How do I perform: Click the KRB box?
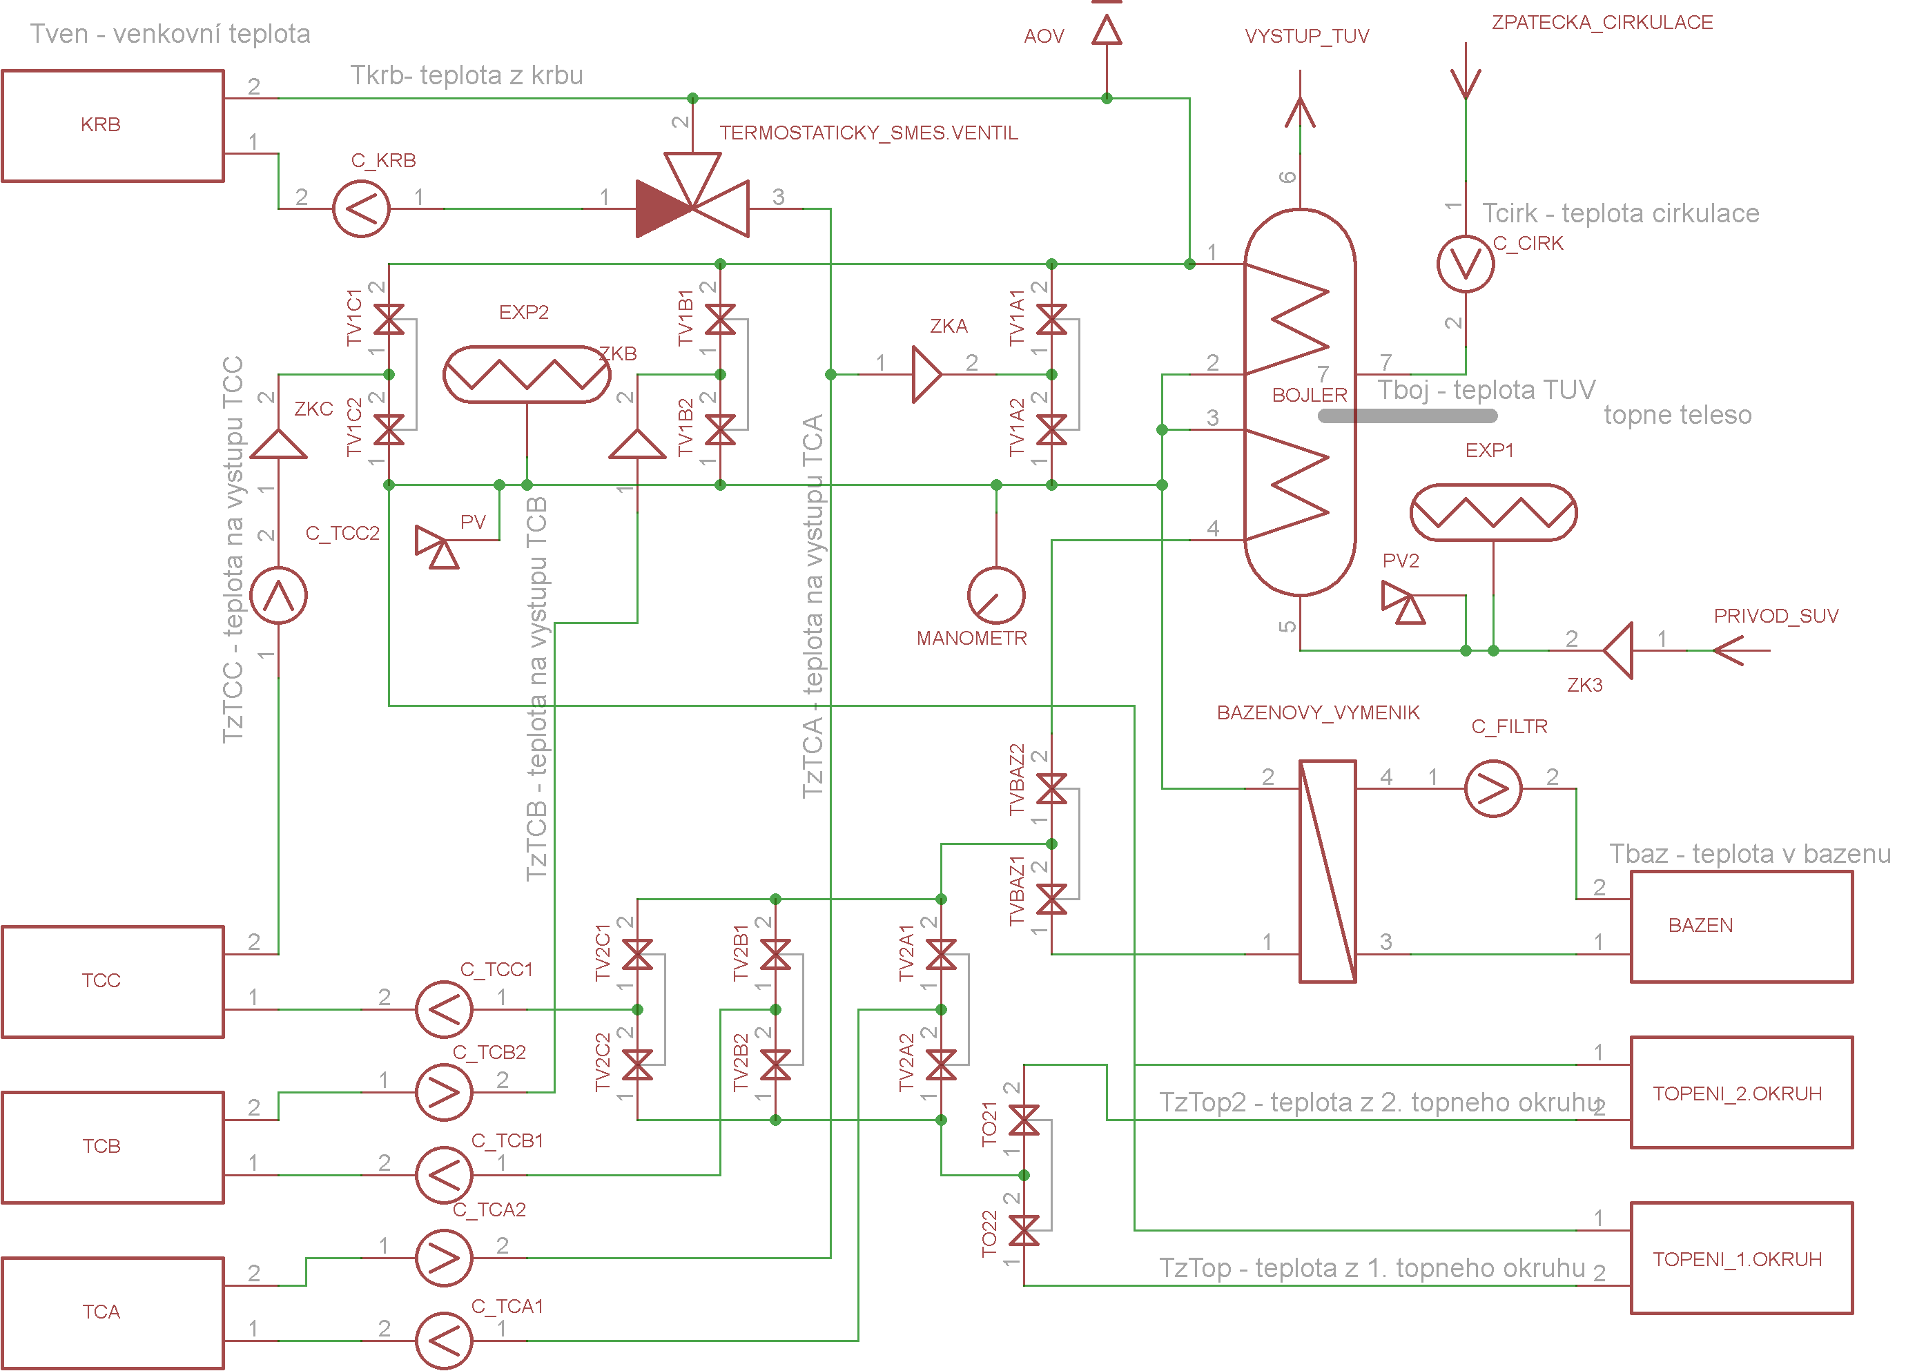113,125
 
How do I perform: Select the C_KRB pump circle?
361,208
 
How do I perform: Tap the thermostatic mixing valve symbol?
692,195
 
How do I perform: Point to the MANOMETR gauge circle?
996,596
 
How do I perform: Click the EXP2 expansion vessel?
527,374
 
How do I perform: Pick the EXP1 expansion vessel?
1493,512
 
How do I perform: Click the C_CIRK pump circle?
1466,264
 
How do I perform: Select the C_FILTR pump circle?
1493,788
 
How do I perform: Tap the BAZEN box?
1742,926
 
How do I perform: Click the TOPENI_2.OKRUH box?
1742,1092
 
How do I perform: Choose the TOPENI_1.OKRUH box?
1742,1258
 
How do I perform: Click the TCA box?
113,1313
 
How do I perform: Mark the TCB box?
113,1147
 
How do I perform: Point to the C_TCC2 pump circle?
279,596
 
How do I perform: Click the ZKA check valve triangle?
927,374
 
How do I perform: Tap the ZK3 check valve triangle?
1619,650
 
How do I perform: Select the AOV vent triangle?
1107,30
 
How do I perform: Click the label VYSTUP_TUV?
1307,36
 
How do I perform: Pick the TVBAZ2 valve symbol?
1051,788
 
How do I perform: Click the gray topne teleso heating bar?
1408,416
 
